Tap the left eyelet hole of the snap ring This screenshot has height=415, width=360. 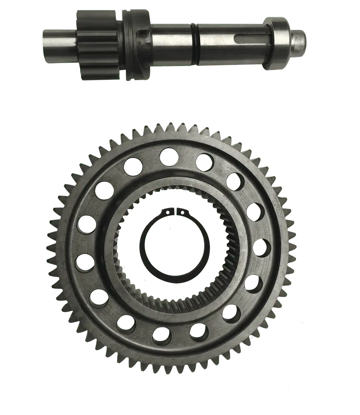coord(167,212)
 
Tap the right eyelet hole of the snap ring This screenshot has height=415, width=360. coord(181,212)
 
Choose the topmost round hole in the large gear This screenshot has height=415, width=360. coord(169,157)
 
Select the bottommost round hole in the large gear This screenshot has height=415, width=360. coord(162,336)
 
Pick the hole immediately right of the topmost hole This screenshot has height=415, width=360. coord(205,162)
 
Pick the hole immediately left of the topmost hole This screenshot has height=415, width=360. coord(133,167)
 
